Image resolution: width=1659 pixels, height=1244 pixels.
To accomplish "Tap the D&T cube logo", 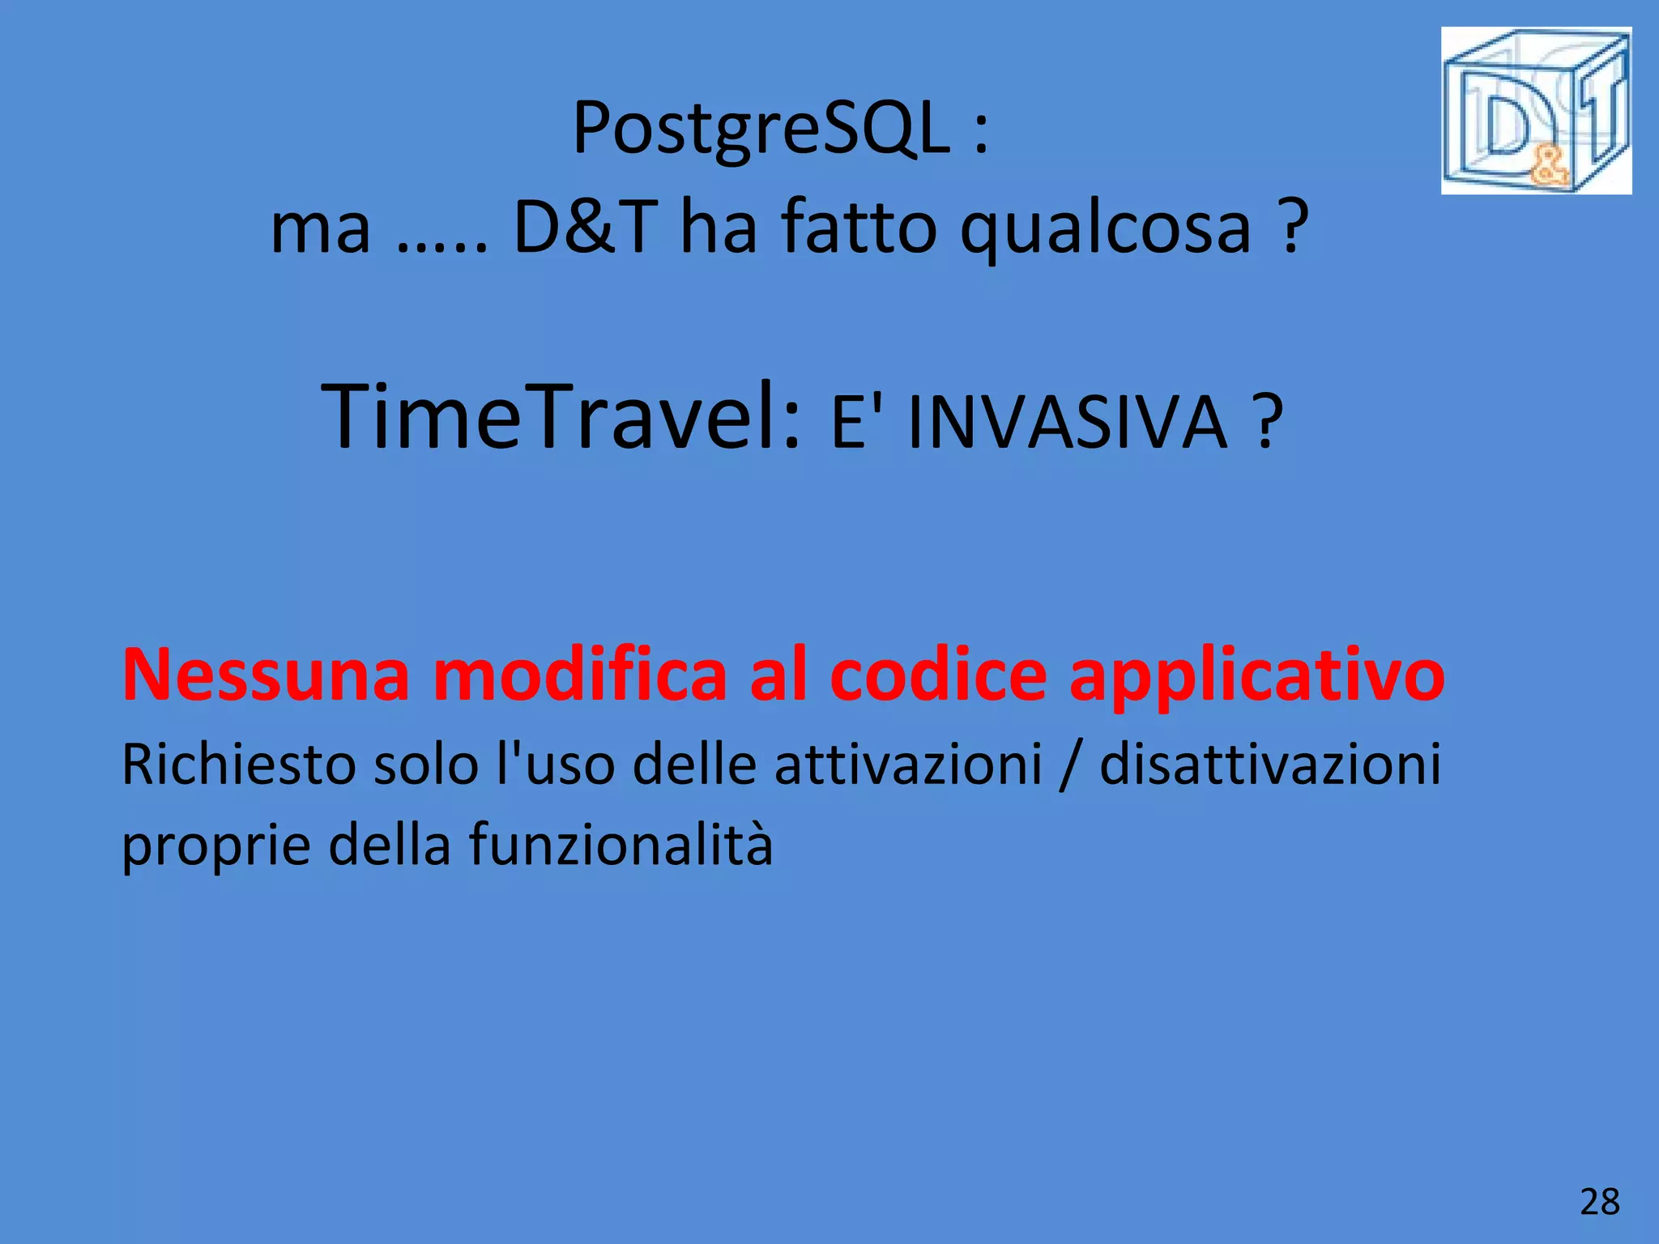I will [x=1536, y=111].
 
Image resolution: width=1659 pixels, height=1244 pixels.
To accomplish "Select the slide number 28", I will [x=1599, y=1202].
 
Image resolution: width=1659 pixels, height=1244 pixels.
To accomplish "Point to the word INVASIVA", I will [x=1068, y=422].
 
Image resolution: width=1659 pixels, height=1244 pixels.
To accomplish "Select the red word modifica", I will [x=580, y=675].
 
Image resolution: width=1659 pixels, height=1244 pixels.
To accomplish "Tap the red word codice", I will [x=938, y=675].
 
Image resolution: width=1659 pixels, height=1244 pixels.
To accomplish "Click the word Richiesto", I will [x=238, y=765].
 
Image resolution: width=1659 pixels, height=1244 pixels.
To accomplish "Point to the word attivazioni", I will [x=908, y=765].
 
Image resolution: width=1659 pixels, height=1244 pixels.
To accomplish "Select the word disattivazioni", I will [x=1270, y=765].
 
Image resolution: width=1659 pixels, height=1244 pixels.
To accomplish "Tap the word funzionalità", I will [x=621, y=845].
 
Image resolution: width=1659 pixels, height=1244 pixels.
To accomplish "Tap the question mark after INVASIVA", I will [x=1266, y=422].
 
